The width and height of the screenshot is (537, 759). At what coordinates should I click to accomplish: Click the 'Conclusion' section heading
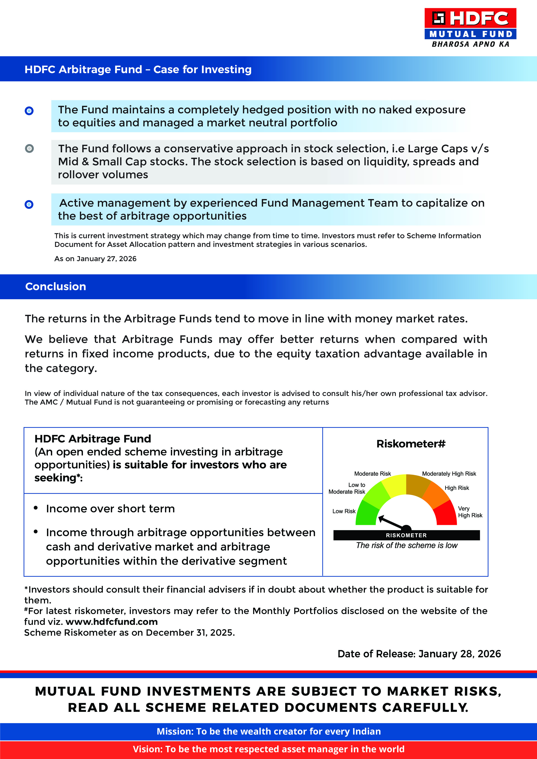tap(56, 286)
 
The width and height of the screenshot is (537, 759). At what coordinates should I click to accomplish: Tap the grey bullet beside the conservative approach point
tap(29, 148)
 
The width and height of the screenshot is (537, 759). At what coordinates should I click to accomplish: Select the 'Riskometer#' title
tap(411, 444)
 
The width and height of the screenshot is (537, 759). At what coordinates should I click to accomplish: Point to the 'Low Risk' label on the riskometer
tap(344, 511)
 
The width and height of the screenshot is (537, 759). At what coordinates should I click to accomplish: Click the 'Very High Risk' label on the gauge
tap(470, 512)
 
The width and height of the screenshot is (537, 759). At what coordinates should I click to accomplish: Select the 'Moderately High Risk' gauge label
tap(449, 474)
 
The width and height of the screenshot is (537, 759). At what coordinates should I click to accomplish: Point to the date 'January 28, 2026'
tap(459, 654)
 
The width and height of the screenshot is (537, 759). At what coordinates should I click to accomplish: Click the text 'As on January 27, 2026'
tap(95, 259)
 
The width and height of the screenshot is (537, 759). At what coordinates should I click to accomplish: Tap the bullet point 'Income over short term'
tap(110, 508)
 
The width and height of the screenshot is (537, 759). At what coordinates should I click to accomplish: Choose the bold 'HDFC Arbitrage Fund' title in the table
tap(93, 439)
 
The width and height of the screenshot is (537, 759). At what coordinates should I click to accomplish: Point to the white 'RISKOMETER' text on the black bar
tap(406, 535)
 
